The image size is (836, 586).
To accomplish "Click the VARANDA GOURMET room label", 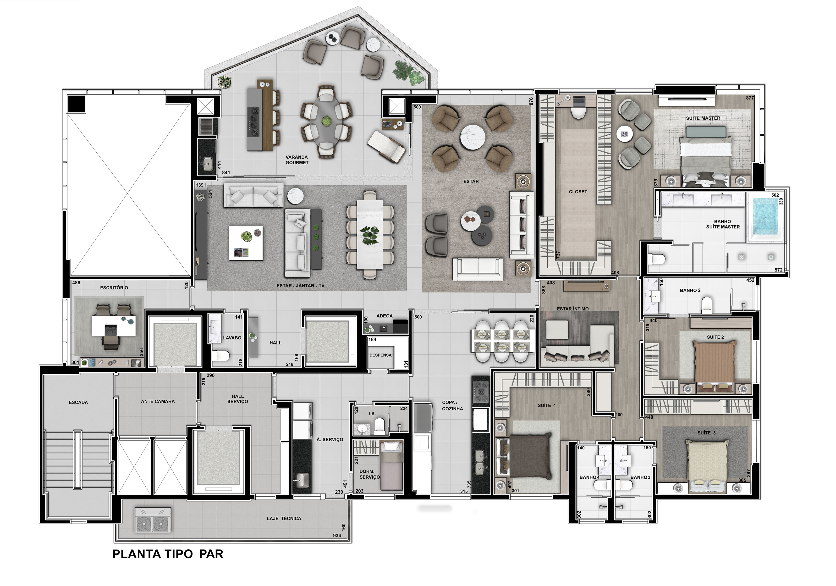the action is [x=297, y=160].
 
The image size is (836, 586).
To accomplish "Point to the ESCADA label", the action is [x=78, y=403].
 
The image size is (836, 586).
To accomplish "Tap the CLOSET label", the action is [x=578, y=192].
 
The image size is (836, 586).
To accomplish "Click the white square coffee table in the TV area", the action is [x=246, y=243].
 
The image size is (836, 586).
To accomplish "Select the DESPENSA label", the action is [x=380, y=355].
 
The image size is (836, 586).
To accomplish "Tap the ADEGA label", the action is [x=385, y=316].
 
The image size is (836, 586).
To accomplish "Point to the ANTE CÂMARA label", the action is [x=158, y=401].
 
